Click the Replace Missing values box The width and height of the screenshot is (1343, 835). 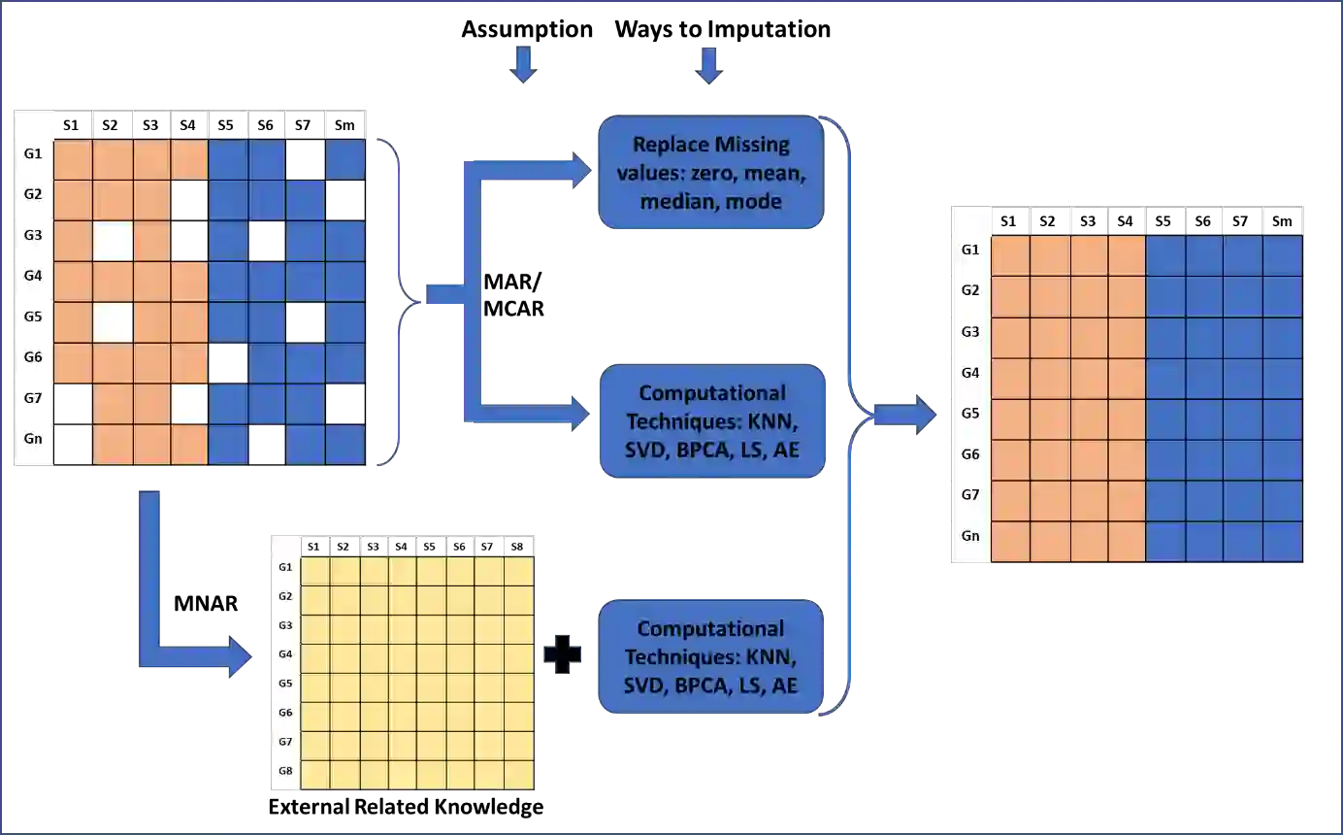pos(710,173)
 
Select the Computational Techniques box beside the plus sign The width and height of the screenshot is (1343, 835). pos(710,657)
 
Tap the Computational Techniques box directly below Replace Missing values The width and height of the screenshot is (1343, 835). pos(712,421)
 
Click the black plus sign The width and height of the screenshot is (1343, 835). pos(562,655)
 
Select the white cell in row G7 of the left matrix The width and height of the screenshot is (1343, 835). pos(189,404)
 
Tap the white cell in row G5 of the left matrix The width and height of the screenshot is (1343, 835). pos(113,322)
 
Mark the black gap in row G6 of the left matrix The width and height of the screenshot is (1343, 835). pos(228,363)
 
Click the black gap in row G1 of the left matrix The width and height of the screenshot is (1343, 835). pos(306,160)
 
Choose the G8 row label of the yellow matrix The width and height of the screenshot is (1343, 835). pos(285,772)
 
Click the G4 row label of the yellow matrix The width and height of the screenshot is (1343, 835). pos(285,653)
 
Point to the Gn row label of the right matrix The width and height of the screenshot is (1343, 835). pos(970,536)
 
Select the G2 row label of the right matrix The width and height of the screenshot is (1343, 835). pos(970,290)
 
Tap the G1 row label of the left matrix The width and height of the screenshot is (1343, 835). pos(33,153)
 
